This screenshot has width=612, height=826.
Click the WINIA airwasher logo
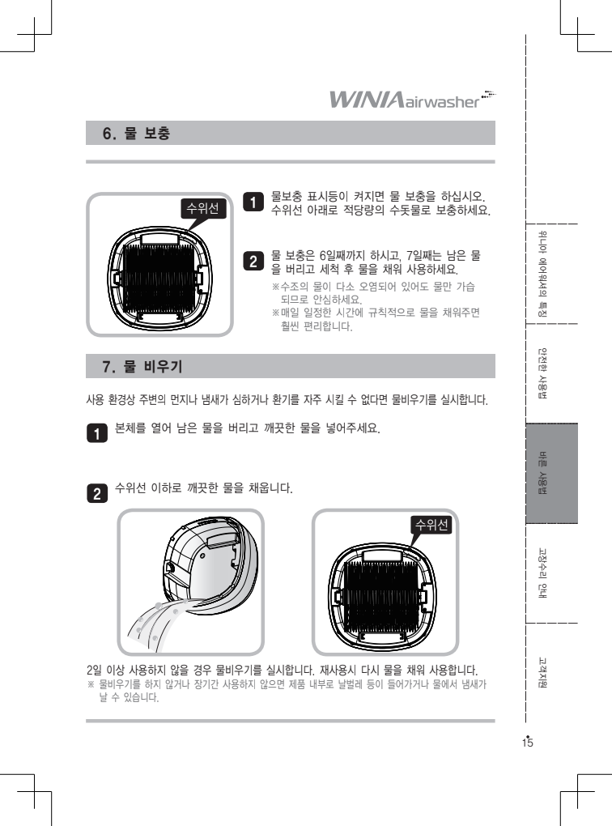pos(412,99)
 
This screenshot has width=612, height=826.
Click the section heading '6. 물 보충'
pos(137,134)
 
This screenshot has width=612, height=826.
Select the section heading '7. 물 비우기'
pos(142,366)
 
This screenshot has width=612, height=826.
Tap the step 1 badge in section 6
pos(253,202)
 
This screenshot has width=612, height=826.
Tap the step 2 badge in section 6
pos(253,262)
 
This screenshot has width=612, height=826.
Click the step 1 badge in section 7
pos(97,433)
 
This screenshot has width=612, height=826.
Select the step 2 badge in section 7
pos(97,493)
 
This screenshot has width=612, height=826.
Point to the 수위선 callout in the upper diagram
pos(202,209)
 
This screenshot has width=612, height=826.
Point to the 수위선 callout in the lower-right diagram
pos(431,525)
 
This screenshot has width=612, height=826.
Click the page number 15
pos(527,743)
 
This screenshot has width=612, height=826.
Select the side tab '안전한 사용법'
pos(542,373)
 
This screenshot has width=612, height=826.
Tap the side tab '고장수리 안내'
pos(542,573)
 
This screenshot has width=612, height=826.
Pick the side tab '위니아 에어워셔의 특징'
pos(542,274)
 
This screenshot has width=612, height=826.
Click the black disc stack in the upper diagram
pos(159,279)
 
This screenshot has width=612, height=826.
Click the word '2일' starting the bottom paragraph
pos(94,671)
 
